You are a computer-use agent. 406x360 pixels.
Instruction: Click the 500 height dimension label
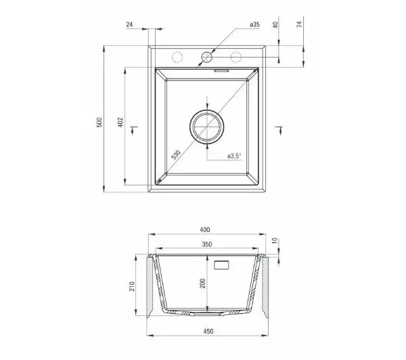[99, 122]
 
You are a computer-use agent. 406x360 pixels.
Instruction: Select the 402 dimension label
[120, 122]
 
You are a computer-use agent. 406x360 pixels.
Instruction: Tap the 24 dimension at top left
[129, 24]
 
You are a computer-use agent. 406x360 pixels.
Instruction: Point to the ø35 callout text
[255, 24]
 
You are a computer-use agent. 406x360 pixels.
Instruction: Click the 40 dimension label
[275, 25]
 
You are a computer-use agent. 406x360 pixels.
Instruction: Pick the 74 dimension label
[299, 24]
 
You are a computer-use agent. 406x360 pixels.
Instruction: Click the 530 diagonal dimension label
[176, 154]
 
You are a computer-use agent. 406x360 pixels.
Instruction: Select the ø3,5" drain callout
[234, 156]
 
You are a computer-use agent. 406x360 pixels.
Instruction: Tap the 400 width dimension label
[205, 229]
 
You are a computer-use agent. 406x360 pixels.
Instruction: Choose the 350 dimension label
[207, 244]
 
